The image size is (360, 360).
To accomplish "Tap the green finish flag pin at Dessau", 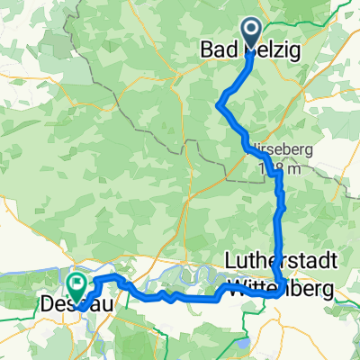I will (x=78, y=285).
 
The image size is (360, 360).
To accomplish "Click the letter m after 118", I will (x=290, y=168).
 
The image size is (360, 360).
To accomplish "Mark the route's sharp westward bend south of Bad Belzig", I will (x=219, y=105).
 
